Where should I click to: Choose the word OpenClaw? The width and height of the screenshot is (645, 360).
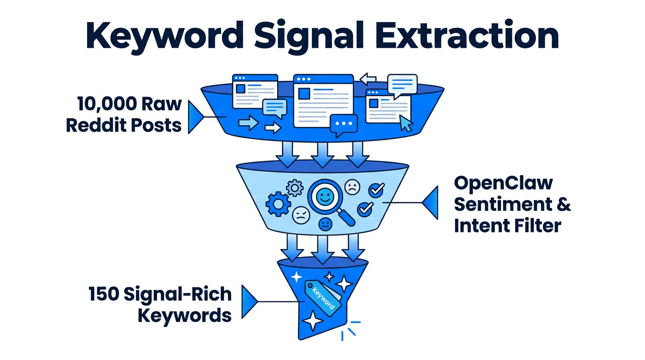point(503,183)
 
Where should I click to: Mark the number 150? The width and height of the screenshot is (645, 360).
point(104,294)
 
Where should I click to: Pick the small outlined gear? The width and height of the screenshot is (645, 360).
point(295,188)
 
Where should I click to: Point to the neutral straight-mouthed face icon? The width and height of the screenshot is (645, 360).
point(325,224)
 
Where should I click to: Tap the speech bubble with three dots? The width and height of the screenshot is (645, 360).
point(344,125)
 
